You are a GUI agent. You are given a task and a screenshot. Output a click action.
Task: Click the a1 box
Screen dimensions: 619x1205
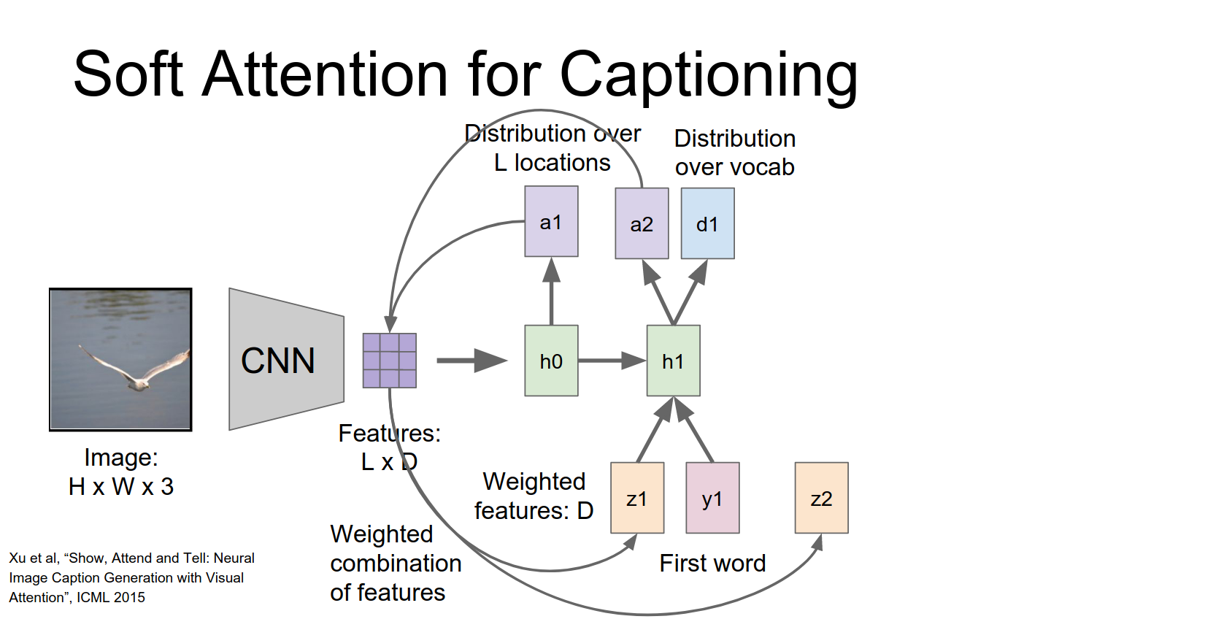coord(551,221)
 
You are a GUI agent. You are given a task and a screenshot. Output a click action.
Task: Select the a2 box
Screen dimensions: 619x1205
coord(642,223)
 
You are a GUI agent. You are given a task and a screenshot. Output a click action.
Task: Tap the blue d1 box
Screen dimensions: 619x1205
coord(707,223)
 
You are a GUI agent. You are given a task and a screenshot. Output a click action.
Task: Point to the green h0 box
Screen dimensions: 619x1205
coord(551,361)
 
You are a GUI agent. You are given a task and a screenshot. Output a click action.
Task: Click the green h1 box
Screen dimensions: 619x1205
coord(673,361)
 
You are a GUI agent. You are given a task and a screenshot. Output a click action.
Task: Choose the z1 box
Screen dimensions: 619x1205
coord(636,498)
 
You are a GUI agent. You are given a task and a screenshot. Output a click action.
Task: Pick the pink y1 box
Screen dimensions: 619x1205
coord(712,498)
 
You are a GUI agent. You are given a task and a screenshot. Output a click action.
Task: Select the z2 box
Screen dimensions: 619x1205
coord(821,498)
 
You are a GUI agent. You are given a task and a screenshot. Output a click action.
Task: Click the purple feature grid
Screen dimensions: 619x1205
coord(390,361)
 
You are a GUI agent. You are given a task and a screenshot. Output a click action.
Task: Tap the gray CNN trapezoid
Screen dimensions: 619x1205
coord(285,359)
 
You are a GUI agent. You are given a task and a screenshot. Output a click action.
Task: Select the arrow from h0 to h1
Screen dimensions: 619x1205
coord(612,361)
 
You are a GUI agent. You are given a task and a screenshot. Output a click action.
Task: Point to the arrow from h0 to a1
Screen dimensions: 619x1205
coord(551,292)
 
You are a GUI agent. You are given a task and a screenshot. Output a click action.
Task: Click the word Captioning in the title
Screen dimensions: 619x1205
coord(708,74)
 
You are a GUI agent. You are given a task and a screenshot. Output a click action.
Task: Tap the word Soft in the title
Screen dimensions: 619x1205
coord(128,74)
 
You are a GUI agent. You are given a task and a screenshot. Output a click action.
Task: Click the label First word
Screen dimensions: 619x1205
coord(712,563)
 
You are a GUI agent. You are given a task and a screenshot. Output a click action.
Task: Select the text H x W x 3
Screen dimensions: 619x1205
coord(121,486)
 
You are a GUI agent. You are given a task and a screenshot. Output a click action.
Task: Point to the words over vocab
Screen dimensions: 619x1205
coord(734,167)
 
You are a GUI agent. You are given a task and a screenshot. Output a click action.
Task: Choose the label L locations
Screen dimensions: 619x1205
coord(553,163)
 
